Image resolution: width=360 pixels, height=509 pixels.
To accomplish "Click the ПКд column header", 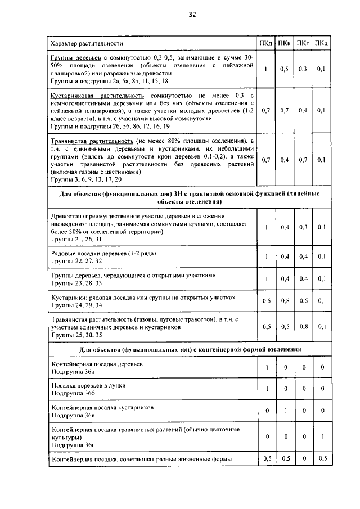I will (266, 43).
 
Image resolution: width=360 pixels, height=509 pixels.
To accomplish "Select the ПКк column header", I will (285, 43).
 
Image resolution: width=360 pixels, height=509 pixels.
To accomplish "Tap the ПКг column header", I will (303, 43).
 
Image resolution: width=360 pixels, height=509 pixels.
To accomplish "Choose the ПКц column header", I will (322, 43).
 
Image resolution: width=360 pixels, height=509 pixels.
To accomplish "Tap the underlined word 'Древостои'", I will (66, 215).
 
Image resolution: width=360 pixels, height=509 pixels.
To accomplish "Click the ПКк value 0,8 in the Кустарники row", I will (285, 300).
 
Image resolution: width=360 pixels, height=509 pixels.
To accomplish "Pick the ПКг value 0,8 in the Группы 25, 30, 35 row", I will (303, 326).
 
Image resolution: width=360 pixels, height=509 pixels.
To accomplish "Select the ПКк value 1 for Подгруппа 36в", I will (285, 411).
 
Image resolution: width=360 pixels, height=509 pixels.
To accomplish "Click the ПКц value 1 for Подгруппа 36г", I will (322, 436).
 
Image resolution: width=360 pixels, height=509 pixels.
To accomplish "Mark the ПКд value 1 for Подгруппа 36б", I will (266, 389).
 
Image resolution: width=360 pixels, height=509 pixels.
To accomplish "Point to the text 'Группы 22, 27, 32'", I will (76, 262).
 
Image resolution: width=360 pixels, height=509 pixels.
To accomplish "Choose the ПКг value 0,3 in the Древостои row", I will (303, 227).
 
